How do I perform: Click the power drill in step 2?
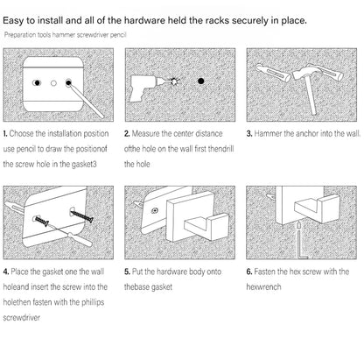click(142, 86)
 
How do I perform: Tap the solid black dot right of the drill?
click(200, 81)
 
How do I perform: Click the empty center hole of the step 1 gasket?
click(53, 83)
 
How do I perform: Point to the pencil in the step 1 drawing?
click(85, 99)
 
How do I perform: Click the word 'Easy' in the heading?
click(13, 21)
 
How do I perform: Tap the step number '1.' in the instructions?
click(5, 134)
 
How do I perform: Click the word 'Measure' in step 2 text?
click(145, 133)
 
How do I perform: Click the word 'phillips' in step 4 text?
click(93, 302)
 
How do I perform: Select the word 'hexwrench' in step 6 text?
click(263, 287)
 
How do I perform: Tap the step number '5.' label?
click(127, 272)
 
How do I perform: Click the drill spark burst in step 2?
click(174, 81)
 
